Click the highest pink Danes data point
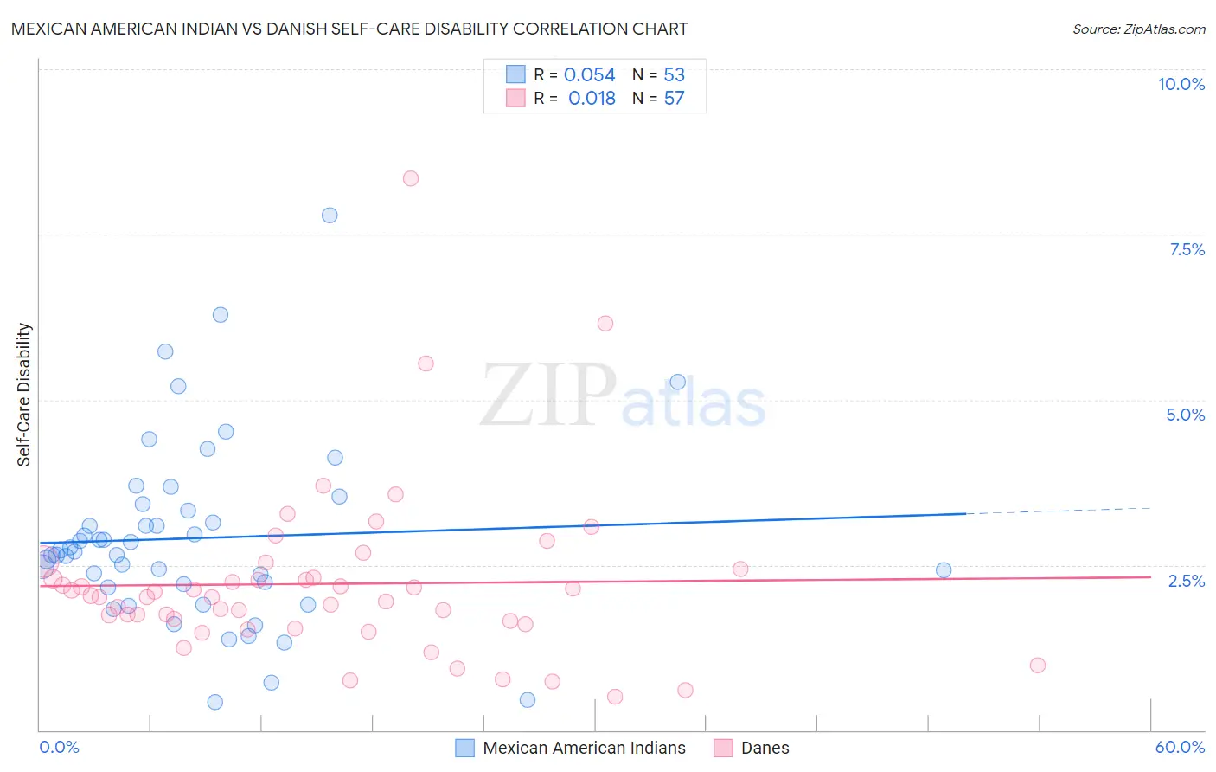pos(411,178)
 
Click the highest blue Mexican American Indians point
pos(330,216)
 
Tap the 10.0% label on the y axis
pos(1181,84)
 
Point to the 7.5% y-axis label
pos(1187,249)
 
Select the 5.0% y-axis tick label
pos(1185,415)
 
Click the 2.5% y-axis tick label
pos(1186,581)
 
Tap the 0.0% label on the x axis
pos(59,747)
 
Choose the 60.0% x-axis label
pos(1179,747)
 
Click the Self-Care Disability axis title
pos(24,395)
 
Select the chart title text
pos(349,29)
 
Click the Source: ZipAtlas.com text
pos(1138,29)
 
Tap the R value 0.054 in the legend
pos(589,75)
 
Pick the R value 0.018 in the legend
pos(592,99)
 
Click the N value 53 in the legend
pos(674,75)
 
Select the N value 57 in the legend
pos(674,99)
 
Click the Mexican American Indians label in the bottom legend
pos(584,748)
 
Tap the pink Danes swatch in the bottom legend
pos(723,748)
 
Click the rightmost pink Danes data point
pos(1038,666)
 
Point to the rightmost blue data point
pos(944,570)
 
